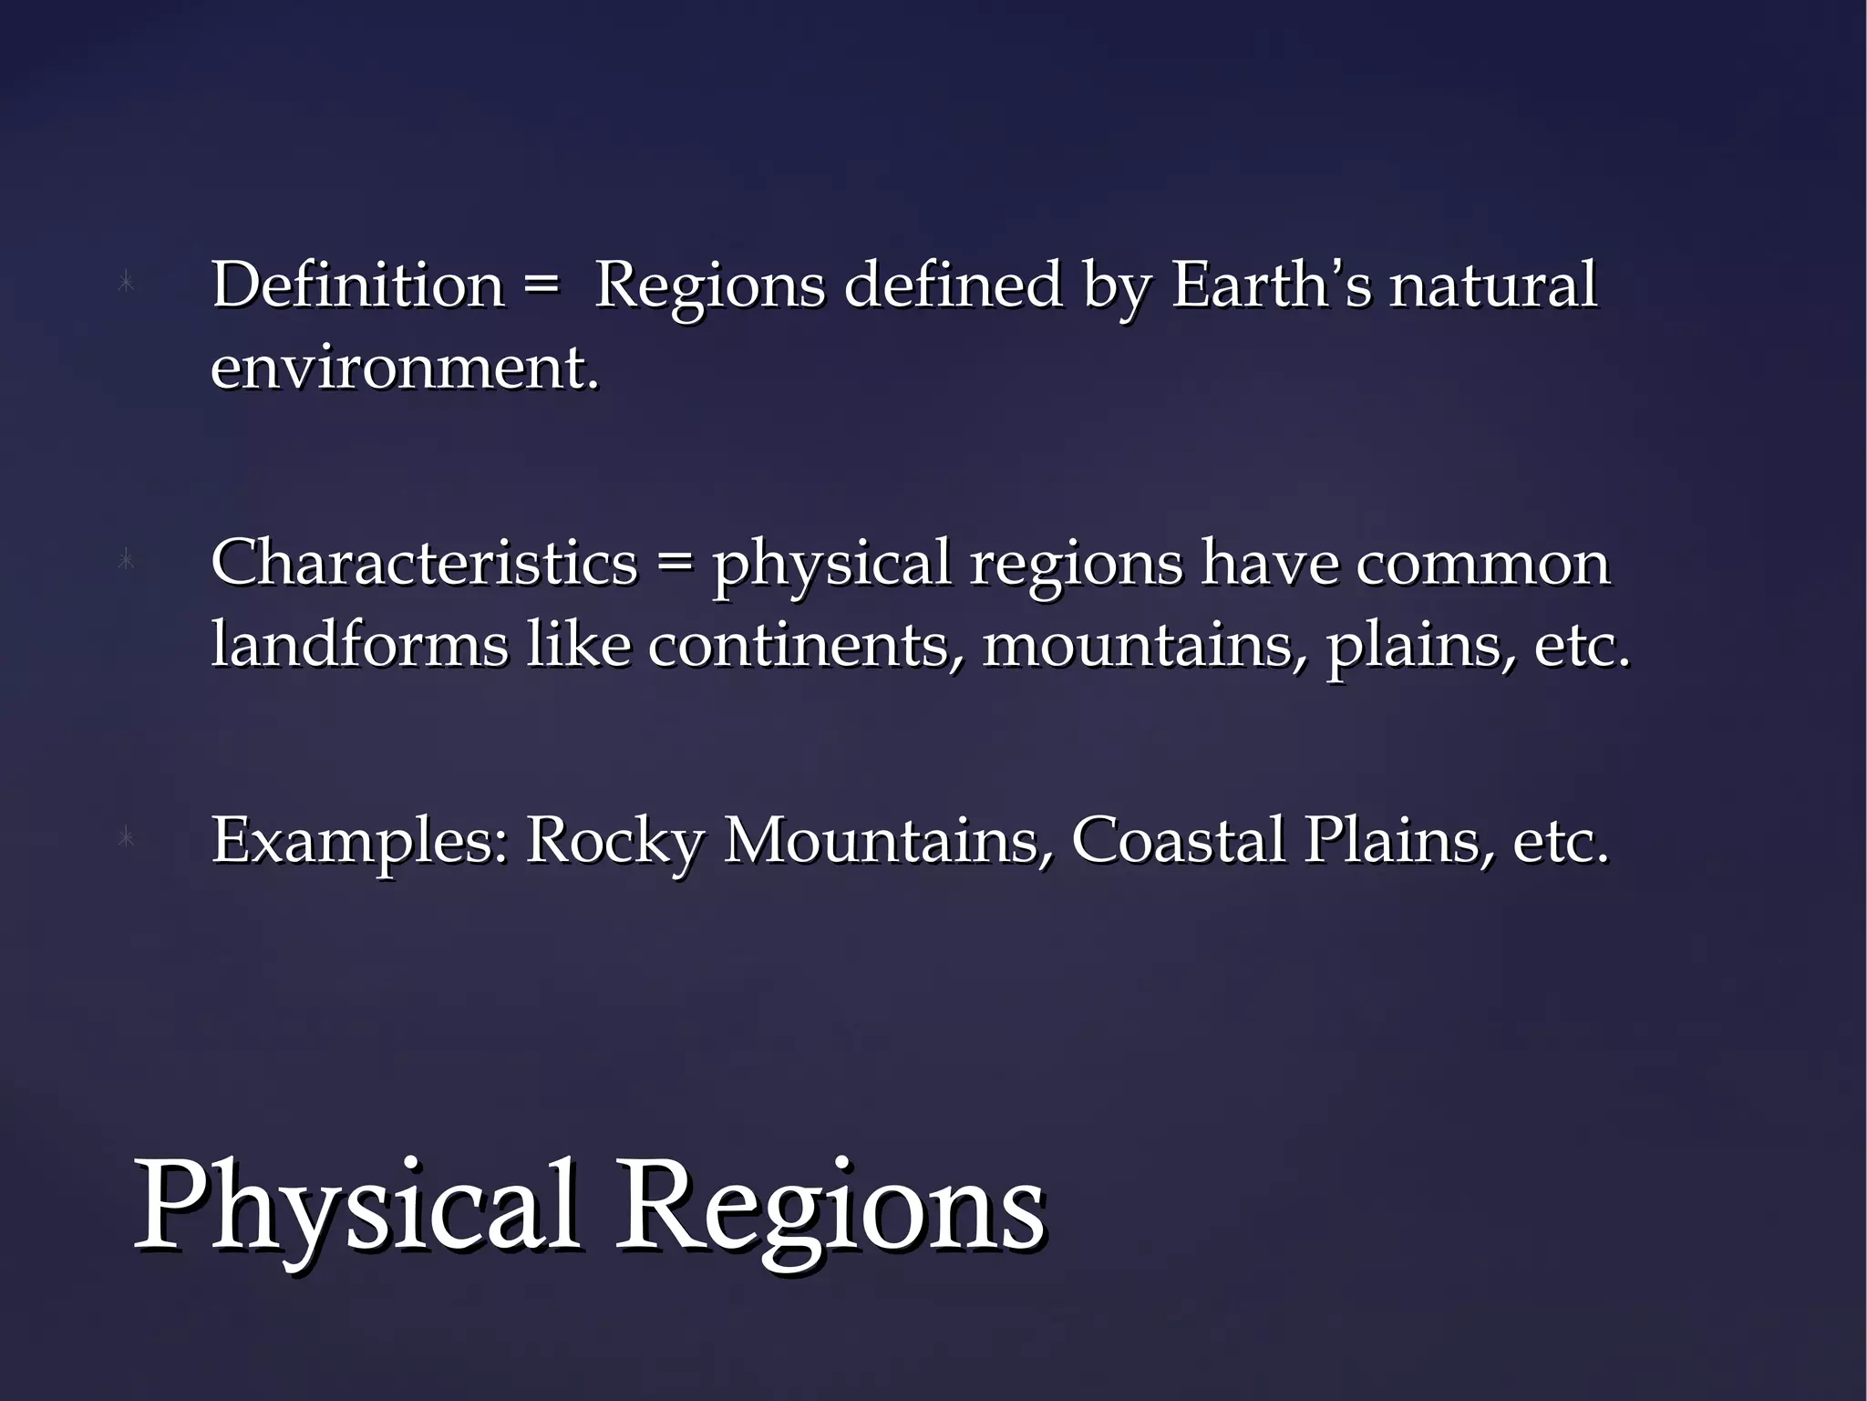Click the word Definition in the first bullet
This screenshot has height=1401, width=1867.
[357, 285]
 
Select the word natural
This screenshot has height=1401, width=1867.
[1492, 285]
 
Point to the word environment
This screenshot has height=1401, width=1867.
[405, 368]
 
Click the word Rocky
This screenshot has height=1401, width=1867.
[614, 840]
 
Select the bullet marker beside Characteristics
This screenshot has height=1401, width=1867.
[127, 561]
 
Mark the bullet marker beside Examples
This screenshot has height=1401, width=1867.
[127, 838]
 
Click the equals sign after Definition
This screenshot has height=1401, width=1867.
[542, 286]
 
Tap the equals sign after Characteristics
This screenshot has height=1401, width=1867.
[675, 564]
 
